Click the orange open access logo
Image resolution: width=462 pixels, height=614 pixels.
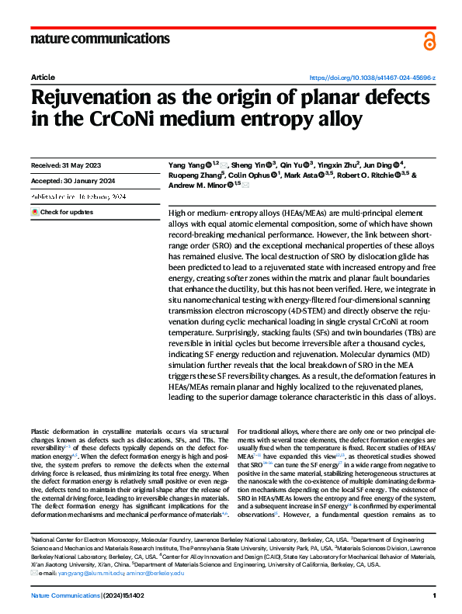429,41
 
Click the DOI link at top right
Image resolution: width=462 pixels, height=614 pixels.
373,78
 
